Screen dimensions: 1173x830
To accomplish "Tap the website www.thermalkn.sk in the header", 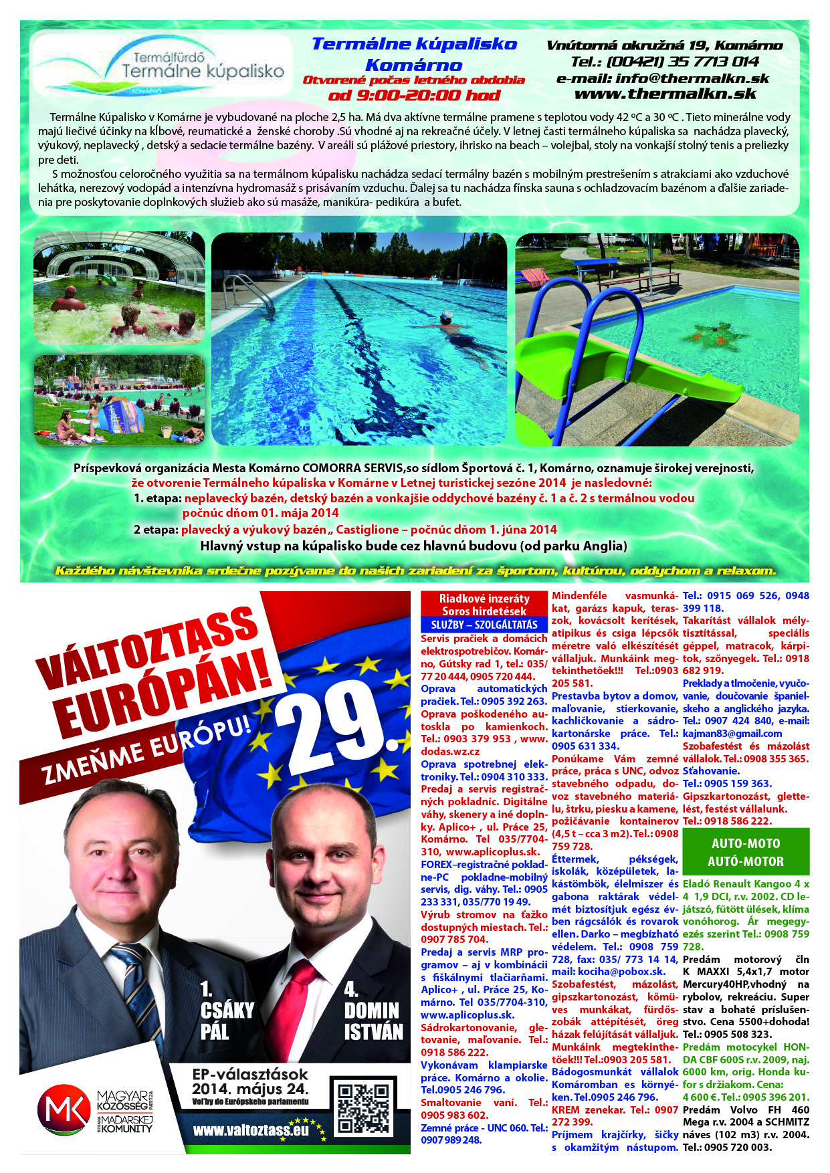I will (665, 94).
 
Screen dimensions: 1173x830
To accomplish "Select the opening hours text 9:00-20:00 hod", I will (415, 96).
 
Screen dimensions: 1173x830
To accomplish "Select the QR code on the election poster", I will (362, 1107).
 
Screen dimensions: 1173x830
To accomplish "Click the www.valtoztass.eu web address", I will (251, 1130).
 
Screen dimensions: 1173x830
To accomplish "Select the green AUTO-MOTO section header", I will (746, 852).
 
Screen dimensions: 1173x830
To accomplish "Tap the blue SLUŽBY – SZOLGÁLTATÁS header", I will (484, 625).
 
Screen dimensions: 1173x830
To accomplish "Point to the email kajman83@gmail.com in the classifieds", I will (732, 734).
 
